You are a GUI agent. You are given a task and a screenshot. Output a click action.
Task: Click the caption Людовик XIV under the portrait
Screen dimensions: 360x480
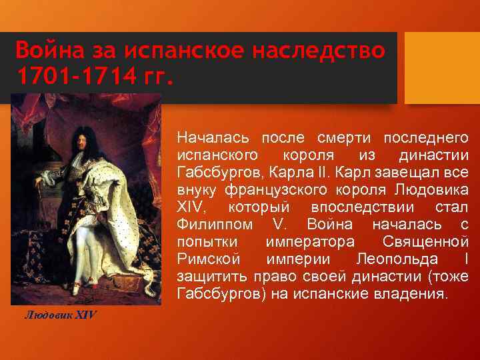pyautogui.click(x=61, y=314)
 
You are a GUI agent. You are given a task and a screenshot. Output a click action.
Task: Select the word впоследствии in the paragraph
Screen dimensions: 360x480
pyautogui.click(x=348, y=207)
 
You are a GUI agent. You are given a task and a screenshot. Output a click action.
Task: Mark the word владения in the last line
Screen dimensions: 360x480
pyautogui.click(x=414, y=293)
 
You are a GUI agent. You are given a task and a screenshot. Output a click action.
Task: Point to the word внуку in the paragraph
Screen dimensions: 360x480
pyautogui.click(x=195, y=189)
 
